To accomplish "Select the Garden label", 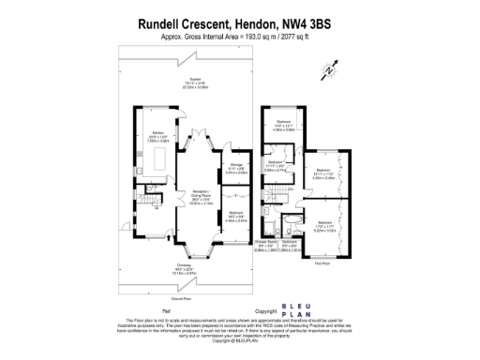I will tap(195, 82).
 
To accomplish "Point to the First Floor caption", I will tap(319, 264).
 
